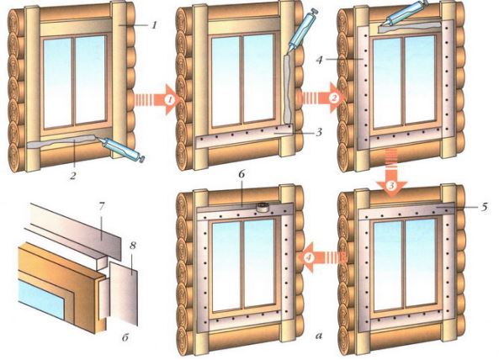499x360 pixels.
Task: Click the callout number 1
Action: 154,24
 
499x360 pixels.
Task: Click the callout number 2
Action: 73,175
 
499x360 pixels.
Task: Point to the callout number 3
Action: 319,132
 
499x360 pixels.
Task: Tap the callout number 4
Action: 320,59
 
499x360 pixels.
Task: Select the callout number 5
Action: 484,208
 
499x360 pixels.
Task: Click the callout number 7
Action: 101,207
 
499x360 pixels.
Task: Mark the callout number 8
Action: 133,246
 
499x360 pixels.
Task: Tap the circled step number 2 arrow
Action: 321,98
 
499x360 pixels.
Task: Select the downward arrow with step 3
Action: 391,170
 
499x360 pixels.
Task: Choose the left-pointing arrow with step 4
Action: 321,257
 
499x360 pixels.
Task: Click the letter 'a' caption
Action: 319,335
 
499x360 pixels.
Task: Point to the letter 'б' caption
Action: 125,337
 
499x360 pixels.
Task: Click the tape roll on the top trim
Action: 263,207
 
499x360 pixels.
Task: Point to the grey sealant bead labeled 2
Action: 64,142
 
